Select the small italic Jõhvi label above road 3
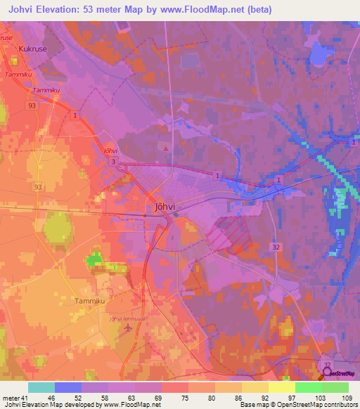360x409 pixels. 110,150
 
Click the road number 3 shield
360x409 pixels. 112,162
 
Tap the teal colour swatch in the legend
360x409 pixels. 41,387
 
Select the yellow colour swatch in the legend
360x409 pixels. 281,387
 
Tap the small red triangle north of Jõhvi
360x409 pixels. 165,148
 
